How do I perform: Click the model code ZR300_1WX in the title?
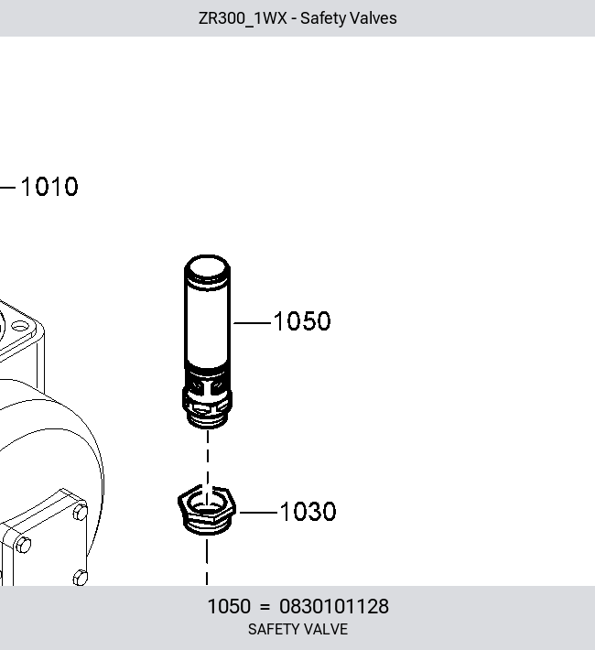tap(243, 18)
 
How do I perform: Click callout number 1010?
tap(49, 187)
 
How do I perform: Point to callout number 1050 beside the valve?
tap(302, 320)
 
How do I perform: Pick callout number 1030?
tap(308, 511)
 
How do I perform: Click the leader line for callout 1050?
tap(252, 323)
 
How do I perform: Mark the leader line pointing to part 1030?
tap(258, 513)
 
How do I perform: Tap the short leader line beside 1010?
tap(7, 188)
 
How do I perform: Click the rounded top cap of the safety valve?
tap(207, 266)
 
